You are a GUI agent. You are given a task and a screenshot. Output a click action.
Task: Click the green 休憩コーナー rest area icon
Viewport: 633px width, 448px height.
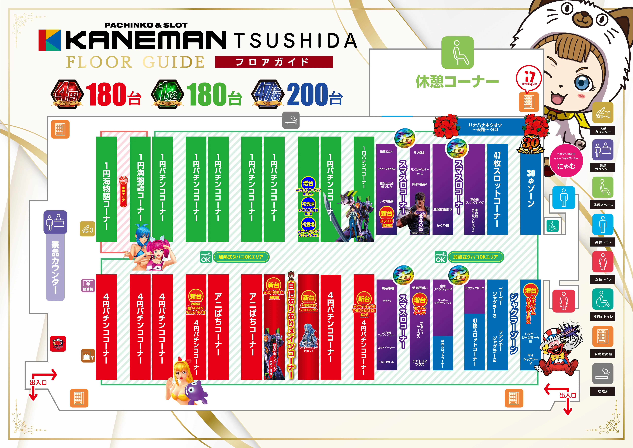click(x=457, y=52)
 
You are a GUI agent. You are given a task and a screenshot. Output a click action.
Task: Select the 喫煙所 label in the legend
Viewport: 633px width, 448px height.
click(x=603, y=391)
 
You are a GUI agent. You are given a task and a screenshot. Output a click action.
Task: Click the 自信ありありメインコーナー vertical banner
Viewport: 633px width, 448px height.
click(x=291, y=326)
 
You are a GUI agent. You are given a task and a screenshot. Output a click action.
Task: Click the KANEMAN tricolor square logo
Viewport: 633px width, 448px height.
click(x=50, y=40)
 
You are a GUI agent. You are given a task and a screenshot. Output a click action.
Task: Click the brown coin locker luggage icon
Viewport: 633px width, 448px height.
click(x=88, y=355)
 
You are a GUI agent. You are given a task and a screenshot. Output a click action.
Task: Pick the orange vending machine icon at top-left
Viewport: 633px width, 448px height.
click(x=60, y=129)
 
